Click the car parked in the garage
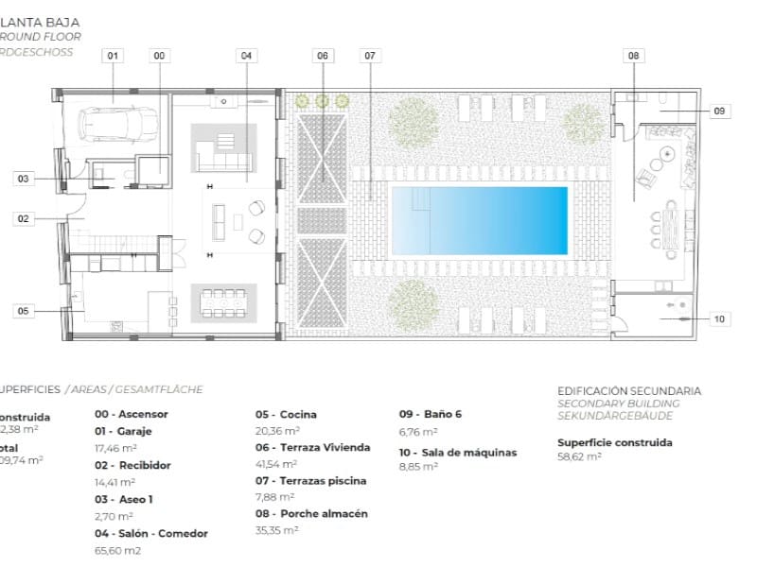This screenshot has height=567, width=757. point(116,123)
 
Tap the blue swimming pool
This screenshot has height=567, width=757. point(479,220)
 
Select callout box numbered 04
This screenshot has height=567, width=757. point(246,56)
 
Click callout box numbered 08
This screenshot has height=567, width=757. point(633,56)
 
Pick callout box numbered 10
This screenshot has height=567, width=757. point(718,319)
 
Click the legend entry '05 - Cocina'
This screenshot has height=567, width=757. point(286,414)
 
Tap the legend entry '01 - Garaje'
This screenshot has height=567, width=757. point(123,431)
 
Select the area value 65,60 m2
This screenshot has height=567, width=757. point(118,550)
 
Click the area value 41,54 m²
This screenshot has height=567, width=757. point(276,464)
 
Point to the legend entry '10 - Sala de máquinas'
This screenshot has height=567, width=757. point(457,453)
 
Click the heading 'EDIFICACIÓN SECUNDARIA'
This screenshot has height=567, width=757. point(628,390)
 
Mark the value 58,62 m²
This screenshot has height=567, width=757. point(579,456)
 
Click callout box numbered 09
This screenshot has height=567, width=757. point(718,111)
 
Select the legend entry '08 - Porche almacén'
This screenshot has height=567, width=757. point(310,514)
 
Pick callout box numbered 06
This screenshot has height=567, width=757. point(323,56)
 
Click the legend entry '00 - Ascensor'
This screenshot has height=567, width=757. point(131,414)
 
